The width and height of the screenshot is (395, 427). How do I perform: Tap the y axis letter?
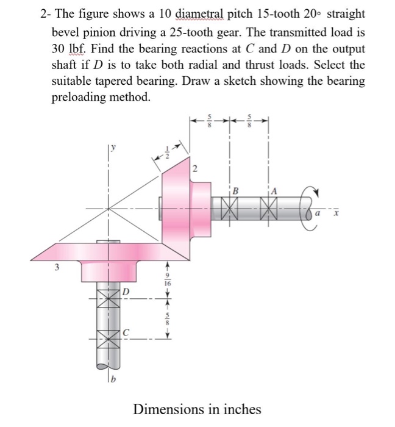pos(113,146)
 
